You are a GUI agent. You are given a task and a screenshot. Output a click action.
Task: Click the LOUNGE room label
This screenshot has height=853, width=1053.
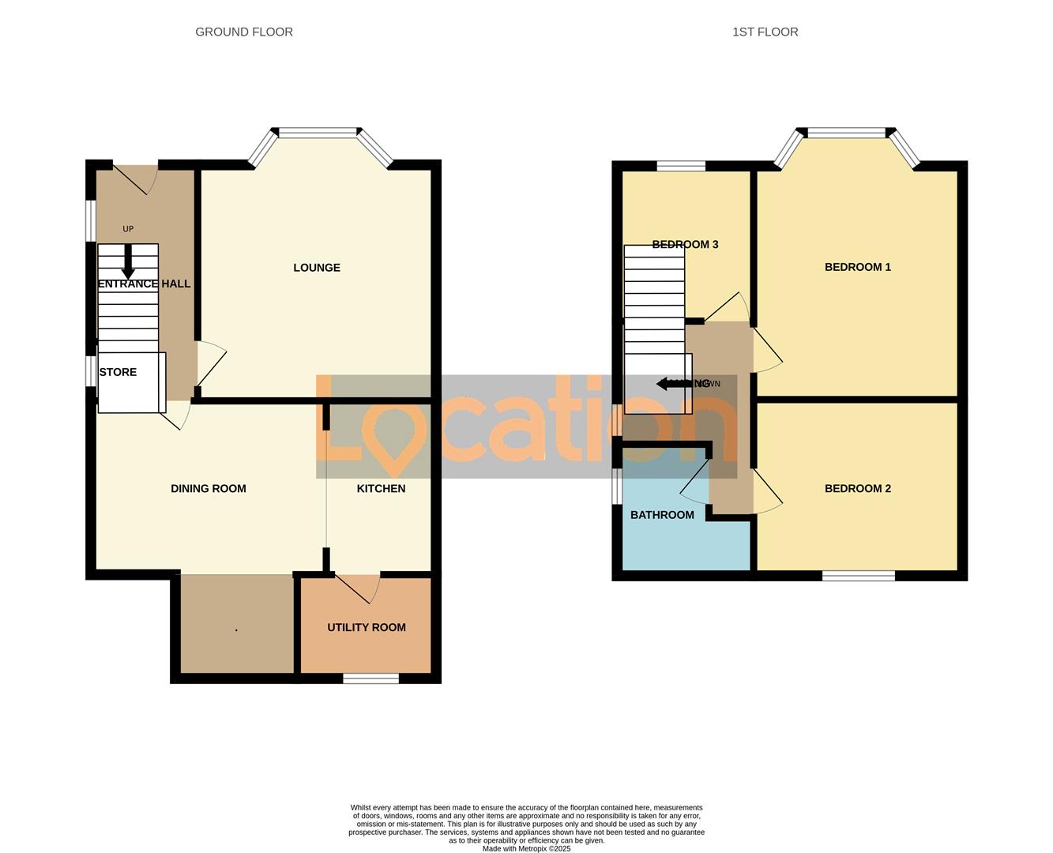pos(317,268)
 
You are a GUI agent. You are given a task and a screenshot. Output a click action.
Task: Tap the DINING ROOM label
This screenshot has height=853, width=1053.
pos(209,489)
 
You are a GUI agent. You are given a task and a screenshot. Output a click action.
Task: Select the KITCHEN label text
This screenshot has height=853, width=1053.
pos(381,489)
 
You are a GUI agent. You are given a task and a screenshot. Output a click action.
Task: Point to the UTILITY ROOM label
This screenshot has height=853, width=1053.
pos(367,627)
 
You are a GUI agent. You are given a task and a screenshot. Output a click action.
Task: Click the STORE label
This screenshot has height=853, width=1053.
pos(118,372)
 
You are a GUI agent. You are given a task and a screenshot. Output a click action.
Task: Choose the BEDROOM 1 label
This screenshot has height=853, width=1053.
pos(857,267)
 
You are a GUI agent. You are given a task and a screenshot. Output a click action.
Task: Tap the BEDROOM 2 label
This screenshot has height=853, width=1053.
pos(857,489)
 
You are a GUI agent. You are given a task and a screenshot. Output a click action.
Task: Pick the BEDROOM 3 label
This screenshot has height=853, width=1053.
pos(685,245)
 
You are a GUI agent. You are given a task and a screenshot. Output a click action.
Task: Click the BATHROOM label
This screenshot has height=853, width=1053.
pos(662,515)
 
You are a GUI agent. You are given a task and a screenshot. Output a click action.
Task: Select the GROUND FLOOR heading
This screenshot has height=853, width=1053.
pos(244,32)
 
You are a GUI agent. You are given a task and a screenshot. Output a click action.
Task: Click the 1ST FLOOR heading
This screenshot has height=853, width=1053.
pos(765,32)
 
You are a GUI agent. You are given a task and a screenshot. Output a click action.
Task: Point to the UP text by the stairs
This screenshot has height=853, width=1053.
pos(128,229)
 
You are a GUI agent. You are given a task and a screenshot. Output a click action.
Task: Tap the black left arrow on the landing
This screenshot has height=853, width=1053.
pos(668,384)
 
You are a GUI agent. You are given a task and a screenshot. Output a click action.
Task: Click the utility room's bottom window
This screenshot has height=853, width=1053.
pos(370,678)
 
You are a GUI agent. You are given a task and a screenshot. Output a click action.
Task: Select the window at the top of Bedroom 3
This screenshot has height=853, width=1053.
pos(681,166)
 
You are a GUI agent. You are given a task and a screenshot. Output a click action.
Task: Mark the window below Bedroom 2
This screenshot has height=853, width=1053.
pos(858,576)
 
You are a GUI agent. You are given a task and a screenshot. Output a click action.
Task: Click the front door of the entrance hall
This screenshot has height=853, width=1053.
pos(135,178)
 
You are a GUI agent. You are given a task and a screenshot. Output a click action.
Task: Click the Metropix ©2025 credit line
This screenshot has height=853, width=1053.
pos(526,849)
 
